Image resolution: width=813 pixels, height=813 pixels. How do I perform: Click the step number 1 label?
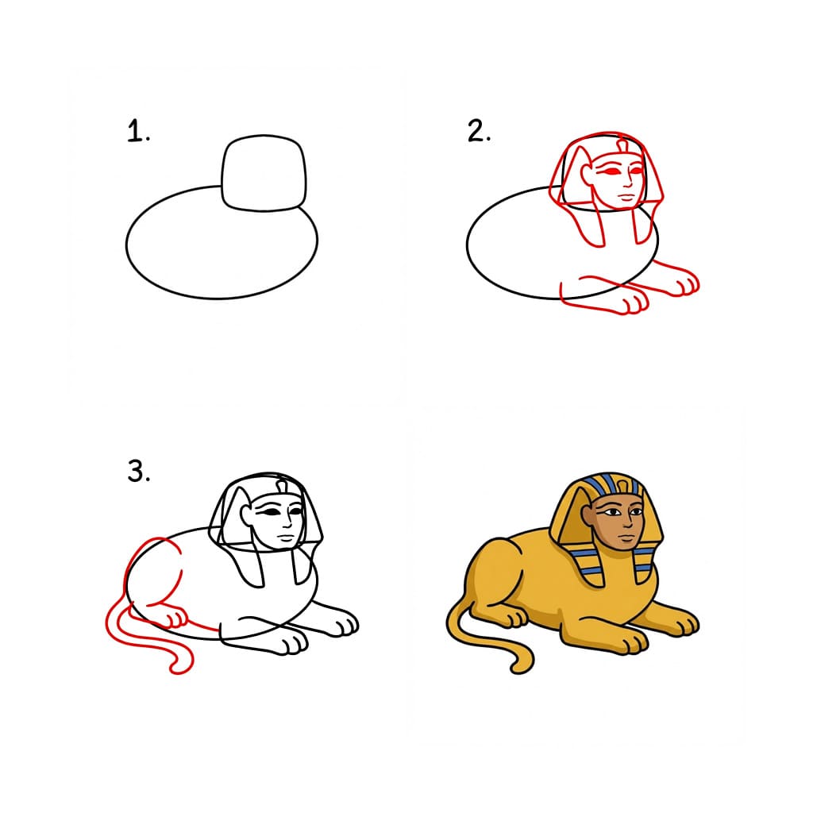138,133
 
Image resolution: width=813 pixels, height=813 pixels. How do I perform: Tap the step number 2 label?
479,132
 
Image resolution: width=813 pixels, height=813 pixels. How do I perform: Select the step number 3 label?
138,472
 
